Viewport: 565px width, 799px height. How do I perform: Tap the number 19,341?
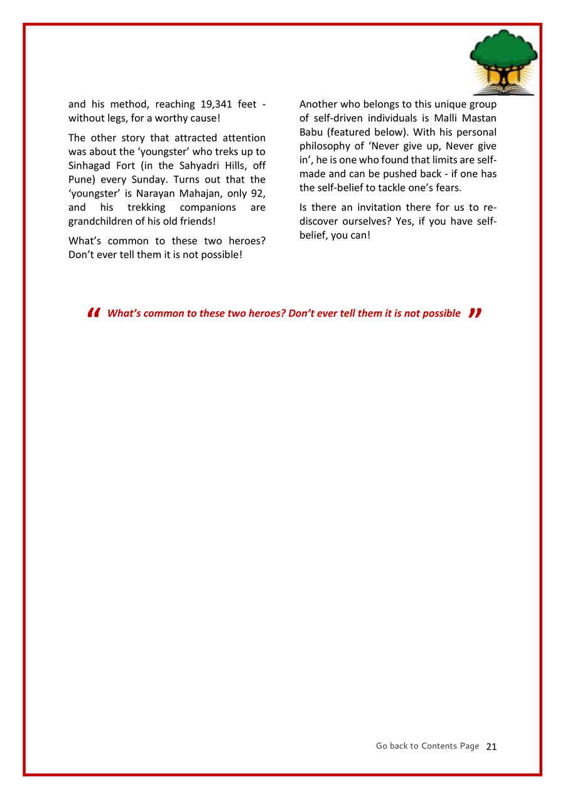pyautogui.click(x=215, y=104)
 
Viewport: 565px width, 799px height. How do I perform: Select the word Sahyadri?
pyautogui.click(x=198, y=166)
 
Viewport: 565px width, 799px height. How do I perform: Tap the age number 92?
pyautogui.click(x=257, y=193)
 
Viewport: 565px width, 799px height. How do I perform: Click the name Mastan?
pyautogui.click(x=478, y=118)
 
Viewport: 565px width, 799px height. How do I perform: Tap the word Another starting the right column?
pyautogui.click(x=319, y=104)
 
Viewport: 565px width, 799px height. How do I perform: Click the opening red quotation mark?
pyautogui.click(x=94, y=313)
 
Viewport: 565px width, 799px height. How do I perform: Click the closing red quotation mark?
pyautogui.click(x=475, y=313)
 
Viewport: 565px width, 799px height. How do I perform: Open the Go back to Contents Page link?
pyautogui.click(x=427, y=746)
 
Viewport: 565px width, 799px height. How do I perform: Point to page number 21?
pyautogui.click(x=492, y=746)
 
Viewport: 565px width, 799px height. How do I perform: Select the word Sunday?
pyautogui.click(x=147, y=180)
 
